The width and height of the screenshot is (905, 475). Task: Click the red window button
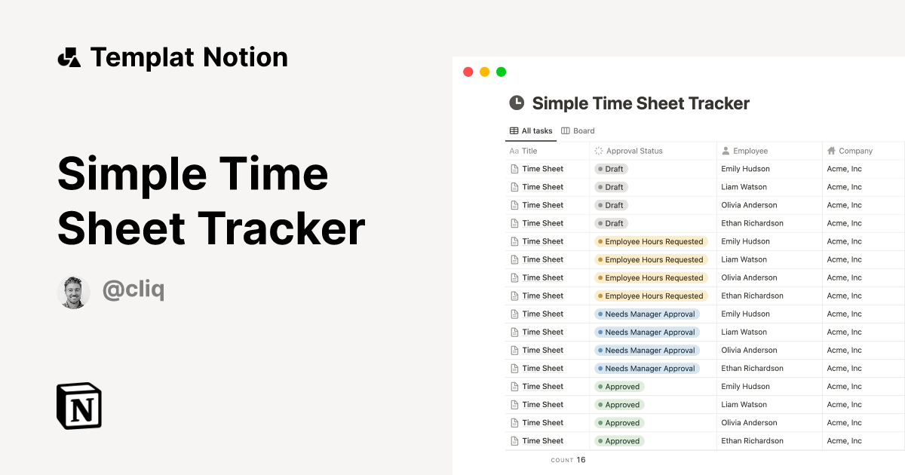[468, 72]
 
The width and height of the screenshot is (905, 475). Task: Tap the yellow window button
[484, 72]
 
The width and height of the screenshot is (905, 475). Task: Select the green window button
[501, 72]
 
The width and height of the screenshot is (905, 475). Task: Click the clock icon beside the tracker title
[517, 103]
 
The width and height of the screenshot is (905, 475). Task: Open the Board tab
[578, 131]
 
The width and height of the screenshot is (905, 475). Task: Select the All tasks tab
[531, 131]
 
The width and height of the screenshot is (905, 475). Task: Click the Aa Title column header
[523, 151]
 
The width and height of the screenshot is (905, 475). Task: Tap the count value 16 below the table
[581, 460]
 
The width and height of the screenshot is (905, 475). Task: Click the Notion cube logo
[79, 406]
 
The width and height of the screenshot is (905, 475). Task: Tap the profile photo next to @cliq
[73, 292]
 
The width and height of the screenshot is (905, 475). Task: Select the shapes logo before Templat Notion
[69, 57]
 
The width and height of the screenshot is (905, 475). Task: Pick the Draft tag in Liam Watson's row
[612, 187]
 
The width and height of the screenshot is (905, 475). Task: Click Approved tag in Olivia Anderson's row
[619, 423]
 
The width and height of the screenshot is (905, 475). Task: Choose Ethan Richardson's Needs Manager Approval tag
[647, 369]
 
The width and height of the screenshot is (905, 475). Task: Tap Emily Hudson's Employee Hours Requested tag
[652, 242]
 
